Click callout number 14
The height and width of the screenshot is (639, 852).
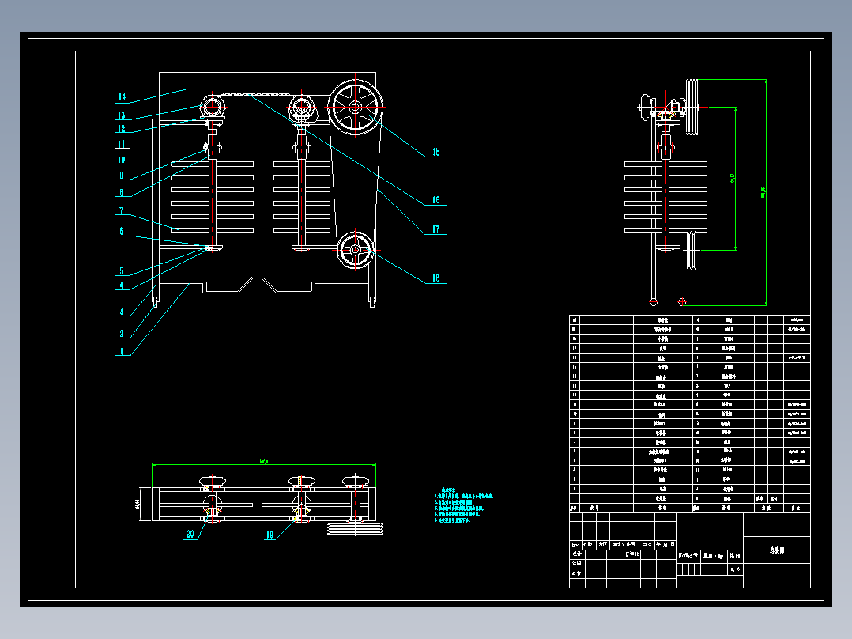pyautogui.click(x=121, y=97)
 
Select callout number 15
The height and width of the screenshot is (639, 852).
pyautogui.click(x=435, y=153)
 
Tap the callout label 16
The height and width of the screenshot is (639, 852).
pyautogui.click(x=435, y=200)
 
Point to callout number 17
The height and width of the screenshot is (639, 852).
pyautogui.click(x=435, y=230)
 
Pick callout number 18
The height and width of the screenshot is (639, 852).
pyautogui.click(x=435, y=278)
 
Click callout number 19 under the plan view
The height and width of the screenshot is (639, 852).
pyautogui.click(x=270, y=535)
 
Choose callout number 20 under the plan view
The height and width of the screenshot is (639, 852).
pyautogui.click(x=190, y=535)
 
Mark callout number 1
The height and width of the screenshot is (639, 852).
pyautogui.click(x=121, y=350)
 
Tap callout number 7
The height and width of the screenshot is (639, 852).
pyautogui.click(x=121, y=211)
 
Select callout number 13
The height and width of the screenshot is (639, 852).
pyautogui.click(x=121, y=115)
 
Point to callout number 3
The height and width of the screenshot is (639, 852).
pyautogui.click(x=121, y=311)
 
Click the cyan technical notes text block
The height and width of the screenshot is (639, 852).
pyautogui.click(x=466, y=505)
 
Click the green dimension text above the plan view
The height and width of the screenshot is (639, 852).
pyautogui.click(x=264, y=460)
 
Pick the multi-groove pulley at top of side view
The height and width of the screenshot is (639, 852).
pyautogui.click(x=693, y=106)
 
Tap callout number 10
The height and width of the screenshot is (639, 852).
pyautogui.click(x=121, y=160)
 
